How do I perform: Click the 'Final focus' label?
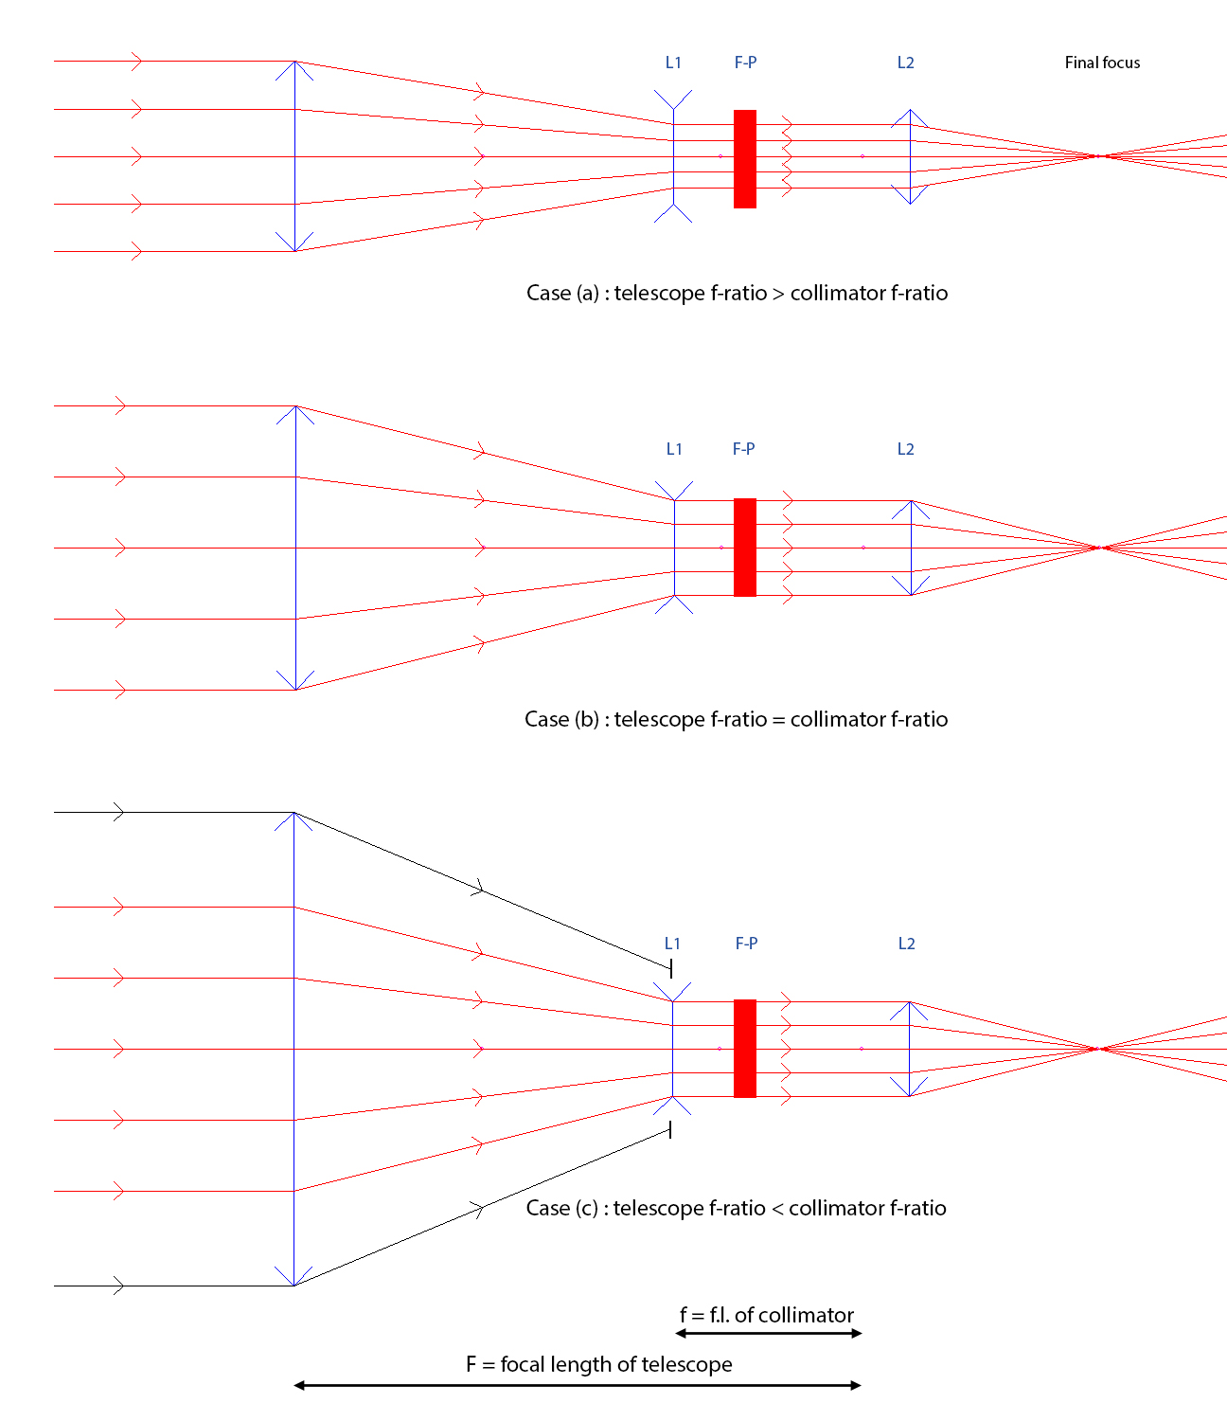1102,63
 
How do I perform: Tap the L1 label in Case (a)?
673,63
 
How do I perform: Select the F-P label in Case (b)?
743,449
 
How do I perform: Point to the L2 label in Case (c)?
907,944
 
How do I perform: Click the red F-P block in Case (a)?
745,159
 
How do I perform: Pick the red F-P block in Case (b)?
745,548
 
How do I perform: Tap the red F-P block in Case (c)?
745,1049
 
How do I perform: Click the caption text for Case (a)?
737,293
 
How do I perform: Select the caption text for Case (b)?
736,719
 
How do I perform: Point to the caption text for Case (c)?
736,1208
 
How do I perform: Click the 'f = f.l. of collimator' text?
767,1315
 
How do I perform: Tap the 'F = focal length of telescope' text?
599,1364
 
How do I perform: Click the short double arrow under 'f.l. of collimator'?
769,1334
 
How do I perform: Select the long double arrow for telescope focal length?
578,1385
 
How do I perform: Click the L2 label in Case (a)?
905,63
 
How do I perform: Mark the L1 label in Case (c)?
672,944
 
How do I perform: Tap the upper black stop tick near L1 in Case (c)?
671,969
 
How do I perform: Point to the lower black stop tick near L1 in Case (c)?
670,1129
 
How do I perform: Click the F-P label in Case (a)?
745,63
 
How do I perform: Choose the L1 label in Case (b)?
674,449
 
